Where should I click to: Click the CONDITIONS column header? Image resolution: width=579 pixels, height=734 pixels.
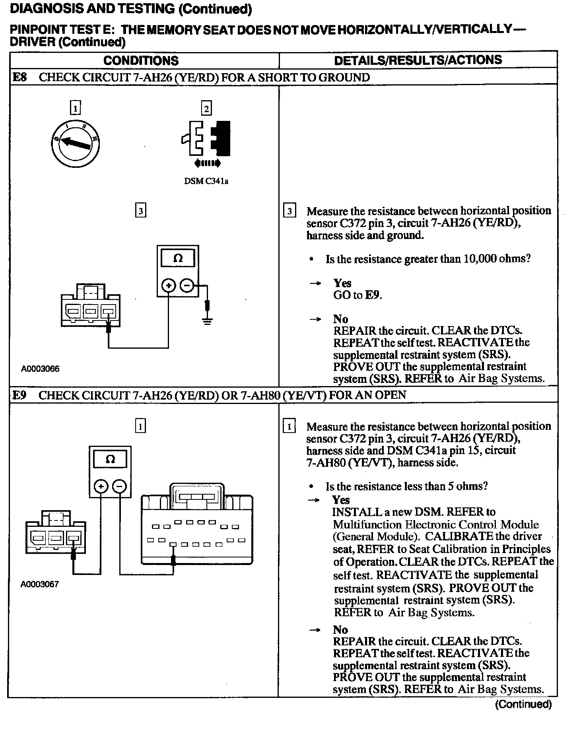pyautogui.click(x=141, y=60)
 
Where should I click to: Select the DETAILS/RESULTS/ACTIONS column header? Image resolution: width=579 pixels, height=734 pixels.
pyautogui.click(x=418, y=60)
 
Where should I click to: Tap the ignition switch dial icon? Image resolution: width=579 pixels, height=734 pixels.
pyautogui.click(x=76, y=144)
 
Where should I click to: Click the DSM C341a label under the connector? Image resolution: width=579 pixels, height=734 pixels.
pyautogui.click(x=206, y=181)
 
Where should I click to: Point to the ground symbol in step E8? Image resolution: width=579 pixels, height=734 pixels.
pyautogui.click(x=207, y=320)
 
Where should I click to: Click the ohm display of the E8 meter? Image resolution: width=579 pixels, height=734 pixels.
pyautogui.click(x=178, y=259)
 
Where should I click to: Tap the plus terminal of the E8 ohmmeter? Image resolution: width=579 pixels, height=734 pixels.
pyautogui.click(x=169, y=285)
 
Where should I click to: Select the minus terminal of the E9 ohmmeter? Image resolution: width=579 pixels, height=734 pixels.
pyautogui.click(x=119, y=486)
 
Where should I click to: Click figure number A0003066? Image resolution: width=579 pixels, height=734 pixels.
pyautogui.click(x=40, y=369)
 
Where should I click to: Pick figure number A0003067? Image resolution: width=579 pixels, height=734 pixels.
pyautogui.click(x=40, y=584)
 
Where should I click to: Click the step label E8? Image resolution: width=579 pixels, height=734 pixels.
pyautogui.click(x=19, y=77)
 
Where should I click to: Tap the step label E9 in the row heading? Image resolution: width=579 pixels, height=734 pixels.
pyautogui.click(x=19, y=395)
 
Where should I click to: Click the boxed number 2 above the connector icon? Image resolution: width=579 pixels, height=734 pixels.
pyautogui.click(x=206, y=108)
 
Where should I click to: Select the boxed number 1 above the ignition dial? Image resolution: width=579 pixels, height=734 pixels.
pyautogui.click(x=75, y=108)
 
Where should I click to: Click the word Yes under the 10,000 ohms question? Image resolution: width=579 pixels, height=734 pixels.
pyautogui.click(x=342, y=283)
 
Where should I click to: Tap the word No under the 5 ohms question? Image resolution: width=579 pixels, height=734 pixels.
pyautogui.click(x=340, y=629)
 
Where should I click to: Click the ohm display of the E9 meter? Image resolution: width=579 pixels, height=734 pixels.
pyautogui.click(x=110, y=459)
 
